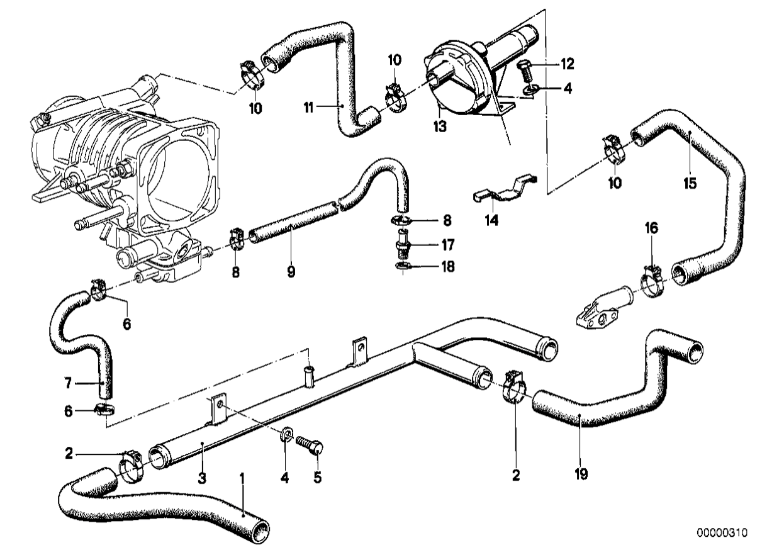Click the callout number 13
(439, 126)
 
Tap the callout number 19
(581, 472)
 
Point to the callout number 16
(651, 228)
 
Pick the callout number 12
(568, 64)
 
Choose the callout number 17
(447, 244)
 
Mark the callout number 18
(447, 267)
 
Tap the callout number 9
(291, 272)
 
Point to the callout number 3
(202, 478)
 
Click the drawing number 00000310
(721, 532)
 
